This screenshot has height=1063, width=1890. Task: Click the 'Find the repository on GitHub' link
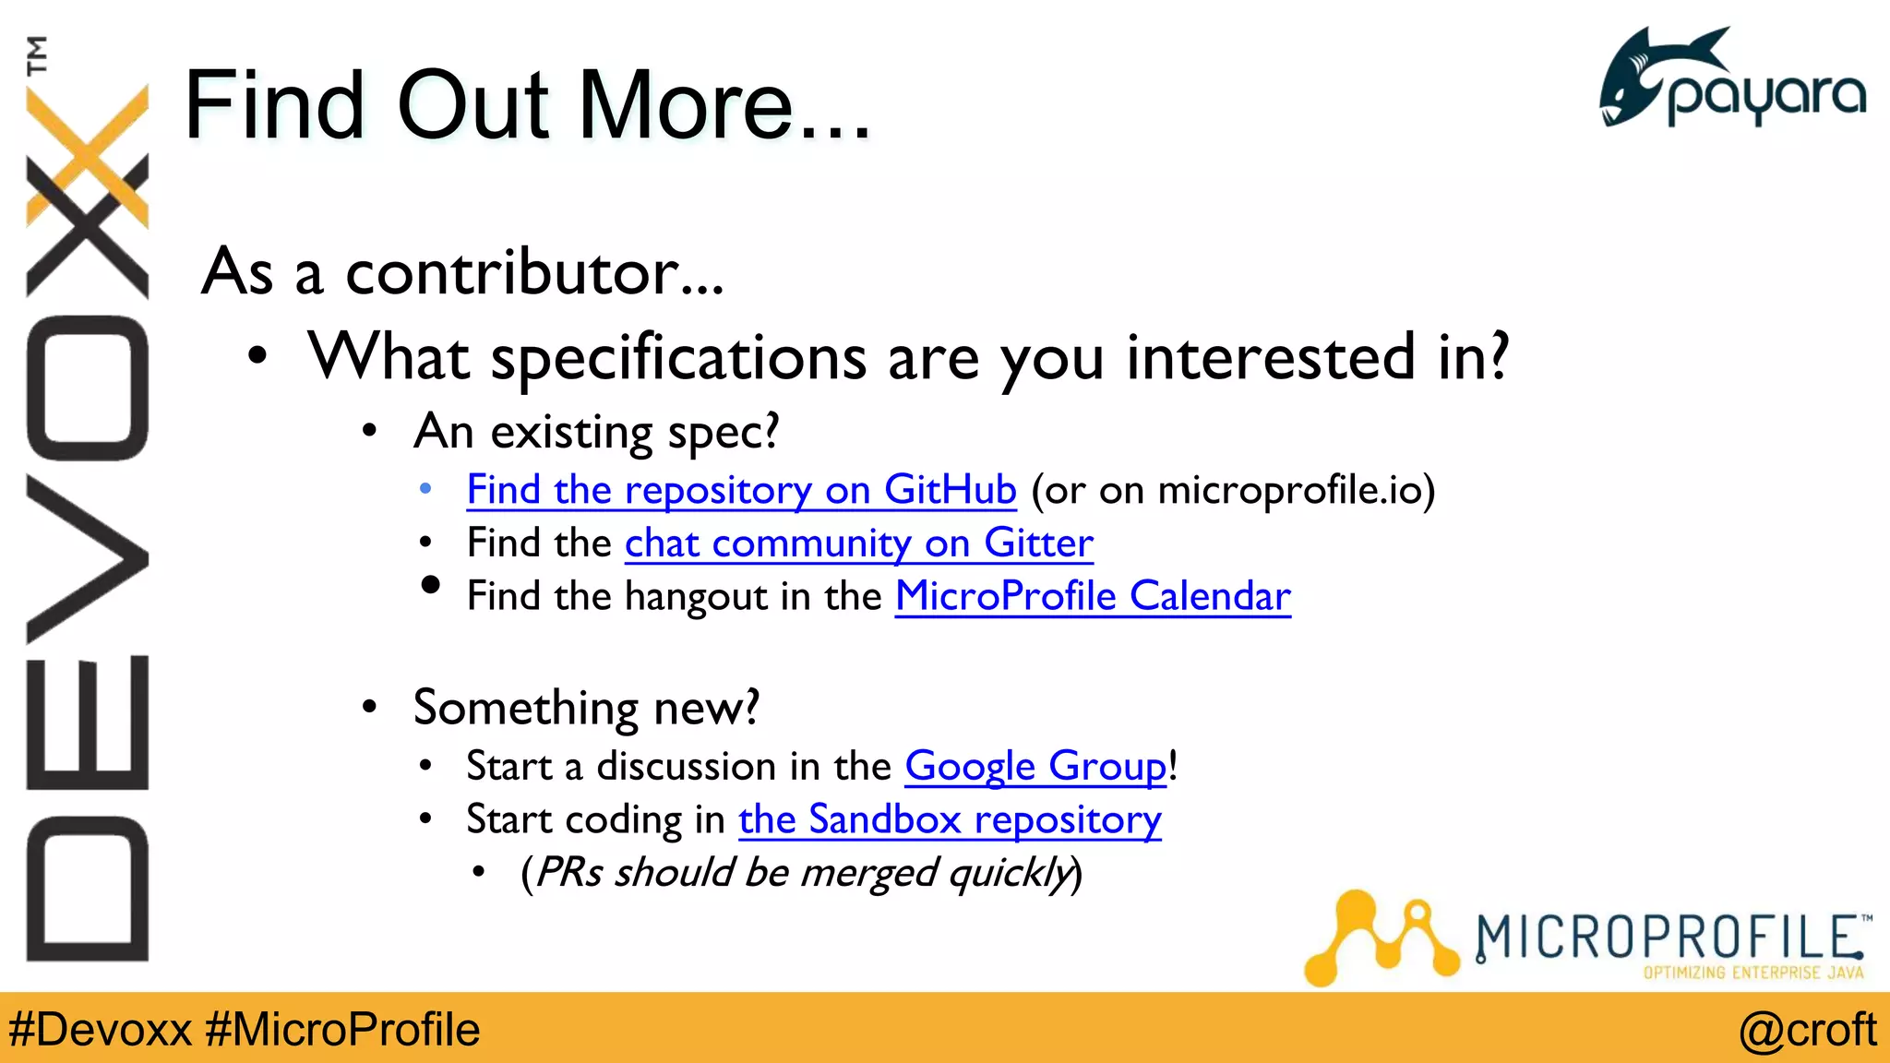[x=741, y=490]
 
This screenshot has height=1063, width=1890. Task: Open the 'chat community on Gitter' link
[x=858, y=543]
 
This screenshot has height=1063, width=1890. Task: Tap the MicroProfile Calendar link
[x=1093, y=596]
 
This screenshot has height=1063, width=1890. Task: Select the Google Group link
[x=1035, y=767]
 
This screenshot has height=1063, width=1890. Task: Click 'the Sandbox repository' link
[x=950, y=819]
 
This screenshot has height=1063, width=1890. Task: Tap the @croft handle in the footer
[x=1807, y=1030]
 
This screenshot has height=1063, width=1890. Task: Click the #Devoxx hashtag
[x=100, y=1030]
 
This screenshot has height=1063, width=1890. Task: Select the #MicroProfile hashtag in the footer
[x=342, y=1030]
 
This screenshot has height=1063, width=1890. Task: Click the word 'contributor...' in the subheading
[x=534, y=273]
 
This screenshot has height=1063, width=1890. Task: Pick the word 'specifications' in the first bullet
[x=678, y=358]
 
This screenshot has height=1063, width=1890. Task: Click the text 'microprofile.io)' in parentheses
[x=1296, y=490]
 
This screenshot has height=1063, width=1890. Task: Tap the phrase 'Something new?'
[x=586, y=709]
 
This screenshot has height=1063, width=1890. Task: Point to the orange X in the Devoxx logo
[x=88, y=157]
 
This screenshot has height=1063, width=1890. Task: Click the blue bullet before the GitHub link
[x=425, y=489]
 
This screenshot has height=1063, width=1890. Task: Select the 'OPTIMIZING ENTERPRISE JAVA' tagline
[x=1752, y=973]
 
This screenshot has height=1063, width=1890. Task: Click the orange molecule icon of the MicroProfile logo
[x=1380, y=937]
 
